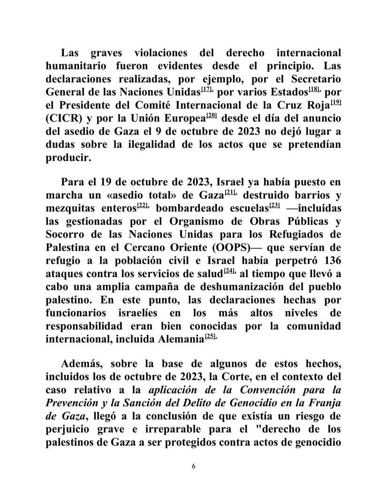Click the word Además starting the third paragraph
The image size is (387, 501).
(x=83, y=365)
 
